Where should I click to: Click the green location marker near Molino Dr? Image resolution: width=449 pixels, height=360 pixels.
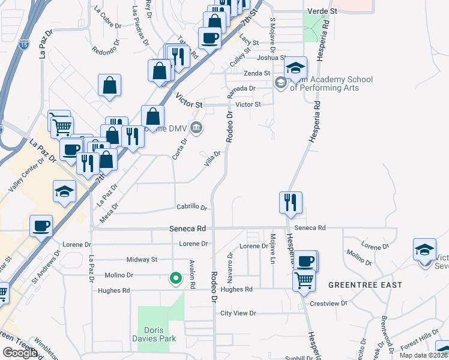(x=175, y=278)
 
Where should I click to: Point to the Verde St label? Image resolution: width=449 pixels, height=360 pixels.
(x=322, y=11)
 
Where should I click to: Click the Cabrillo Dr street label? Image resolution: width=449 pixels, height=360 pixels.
(x=191, y=207)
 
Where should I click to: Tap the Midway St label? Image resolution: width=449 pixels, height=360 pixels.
(x=142, y=260)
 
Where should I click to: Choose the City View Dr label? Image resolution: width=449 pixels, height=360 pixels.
(x=238, y=313)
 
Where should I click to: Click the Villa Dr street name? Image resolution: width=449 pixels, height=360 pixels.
(x=213, y=159)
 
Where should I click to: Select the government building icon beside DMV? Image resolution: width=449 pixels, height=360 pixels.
(x=196, y=127)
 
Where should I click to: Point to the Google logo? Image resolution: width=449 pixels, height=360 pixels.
(x=20, y=353)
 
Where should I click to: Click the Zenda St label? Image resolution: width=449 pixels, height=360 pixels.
(x=257, y=73)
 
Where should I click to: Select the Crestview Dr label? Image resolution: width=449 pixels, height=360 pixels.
(x=329, y=304)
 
